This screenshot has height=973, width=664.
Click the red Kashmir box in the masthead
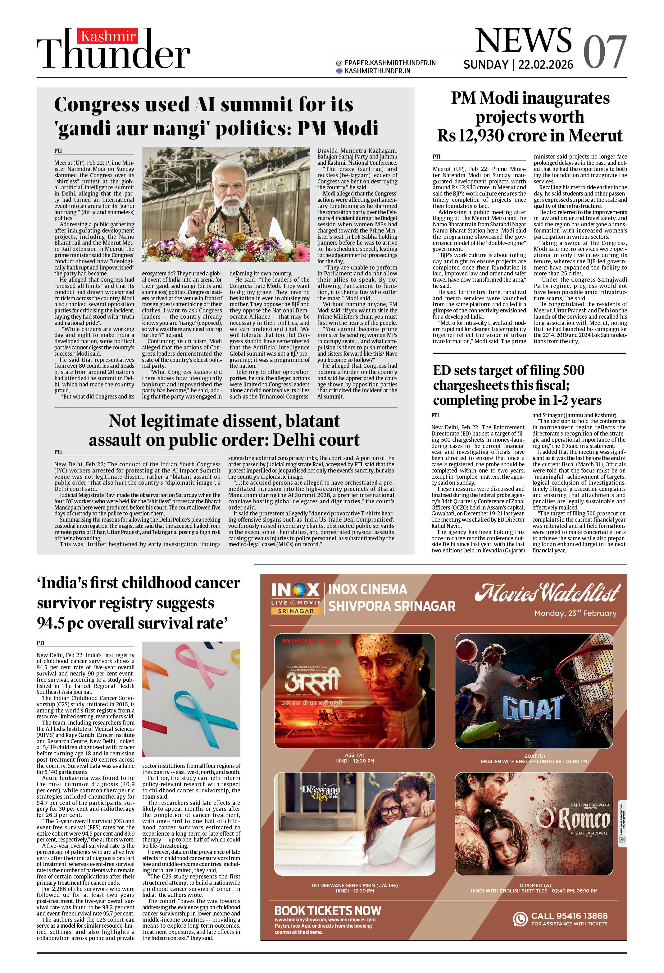click(x=108, y=36)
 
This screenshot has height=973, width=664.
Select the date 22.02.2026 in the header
click(x=546, y=65)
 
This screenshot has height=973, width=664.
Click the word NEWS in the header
click(x=523, y=41)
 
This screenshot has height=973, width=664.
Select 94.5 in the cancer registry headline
click(x=52, y=623)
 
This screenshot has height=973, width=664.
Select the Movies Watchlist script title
click(x=547, y=593)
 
